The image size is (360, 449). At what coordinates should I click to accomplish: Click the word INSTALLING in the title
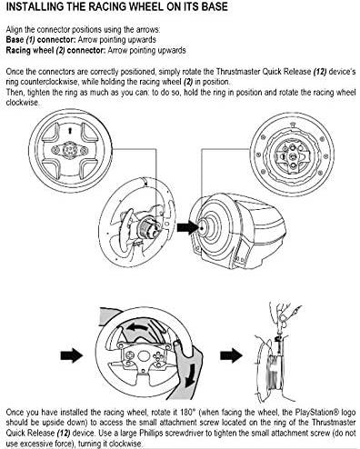(33, 6)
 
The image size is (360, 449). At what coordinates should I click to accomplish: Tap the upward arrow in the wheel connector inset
(70, 131)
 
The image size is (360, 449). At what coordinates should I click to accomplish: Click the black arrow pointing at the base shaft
(187, 227)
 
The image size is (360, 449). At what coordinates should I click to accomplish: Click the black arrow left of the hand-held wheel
(72, 355)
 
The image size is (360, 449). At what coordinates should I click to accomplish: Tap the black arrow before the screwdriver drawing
(231, 355)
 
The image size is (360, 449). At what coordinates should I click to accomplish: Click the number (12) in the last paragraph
(64, 433)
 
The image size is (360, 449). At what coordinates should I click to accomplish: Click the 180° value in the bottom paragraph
(185, 413)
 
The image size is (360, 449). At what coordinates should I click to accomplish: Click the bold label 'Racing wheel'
(30, 50)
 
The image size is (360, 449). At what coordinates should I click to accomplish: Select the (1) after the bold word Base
(30, 40)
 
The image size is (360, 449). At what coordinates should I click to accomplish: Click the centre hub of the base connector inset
(293, 156)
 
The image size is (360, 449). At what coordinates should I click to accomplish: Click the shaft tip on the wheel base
(202, 227)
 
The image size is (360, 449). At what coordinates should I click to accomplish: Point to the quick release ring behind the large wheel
(147, 228)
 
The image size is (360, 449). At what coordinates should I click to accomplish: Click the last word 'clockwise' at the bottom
(125, 444)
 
